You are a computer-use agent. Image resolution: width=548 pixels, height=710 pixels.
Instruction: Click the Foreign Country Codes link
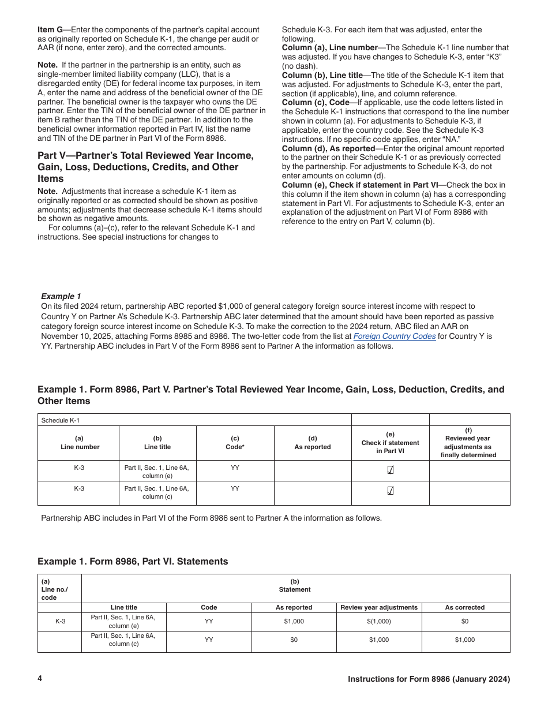394,337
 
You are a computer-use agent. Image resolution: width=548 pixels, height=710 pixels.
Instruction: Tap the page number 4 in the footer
40,679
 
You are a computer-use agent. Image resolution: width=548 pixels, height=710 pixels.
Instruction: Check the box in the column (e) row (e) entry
391,470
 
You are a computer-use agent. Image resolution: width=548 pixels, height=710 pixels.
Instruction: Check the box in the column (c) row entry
391,491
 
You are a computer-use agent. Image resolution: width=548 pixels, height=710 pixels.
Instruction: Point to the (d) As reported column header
313,443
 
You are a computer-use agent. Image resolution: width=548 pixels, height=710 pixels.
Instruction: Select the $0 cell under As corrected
465,621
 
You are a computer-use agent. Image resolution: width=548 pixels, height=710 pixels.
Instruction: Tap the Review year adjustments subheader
379,607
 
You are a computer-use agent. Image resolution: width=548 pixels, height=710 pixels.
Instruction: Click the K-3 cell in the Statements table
60,621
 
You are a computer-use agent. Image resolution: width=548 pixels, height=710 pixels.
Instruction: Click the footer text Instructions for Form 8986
429,679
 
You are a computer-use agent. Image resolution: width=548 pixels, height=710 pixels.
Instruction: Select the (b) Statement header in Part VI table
295,586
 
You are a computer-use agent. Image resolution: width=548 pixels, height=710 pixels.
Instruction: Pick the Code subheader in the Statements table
209,607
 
